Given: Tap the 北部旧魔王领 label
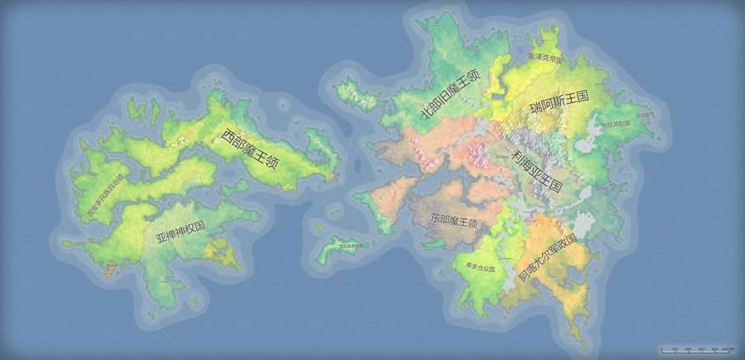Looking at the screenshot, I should [450, 95].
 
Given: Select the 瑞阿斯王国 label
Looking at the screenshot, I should [559, 102].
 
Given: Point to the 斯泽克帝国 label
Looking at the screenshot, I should [545, 57].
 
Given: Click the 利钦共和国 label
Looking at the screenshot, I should [616, 124].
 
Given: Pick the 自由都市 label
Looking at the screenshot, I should [645, 116].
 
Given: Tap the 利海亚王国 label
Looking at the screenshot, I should [537, 168].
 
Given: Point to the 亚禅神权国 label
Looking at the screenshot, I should [180, 233].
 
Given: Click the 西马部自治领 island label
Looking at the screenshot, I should [352, 245].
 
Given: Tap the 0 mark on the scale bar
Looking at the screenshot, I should [662, 348].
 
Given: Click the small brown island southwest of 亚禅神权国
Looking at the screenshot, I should [110, 268].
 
